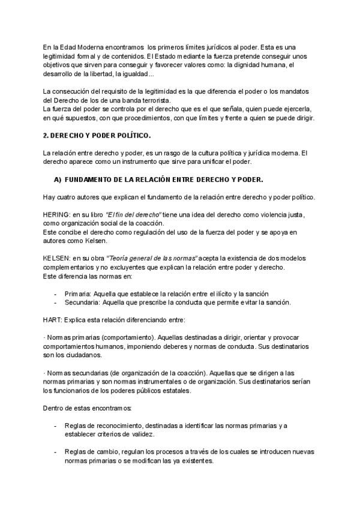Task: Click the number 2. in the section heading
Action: click(46, 137)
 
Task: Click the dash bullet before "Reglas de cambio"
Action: click(55, 452)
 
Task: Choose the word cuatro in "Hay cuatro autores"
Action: click(68, 197)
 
